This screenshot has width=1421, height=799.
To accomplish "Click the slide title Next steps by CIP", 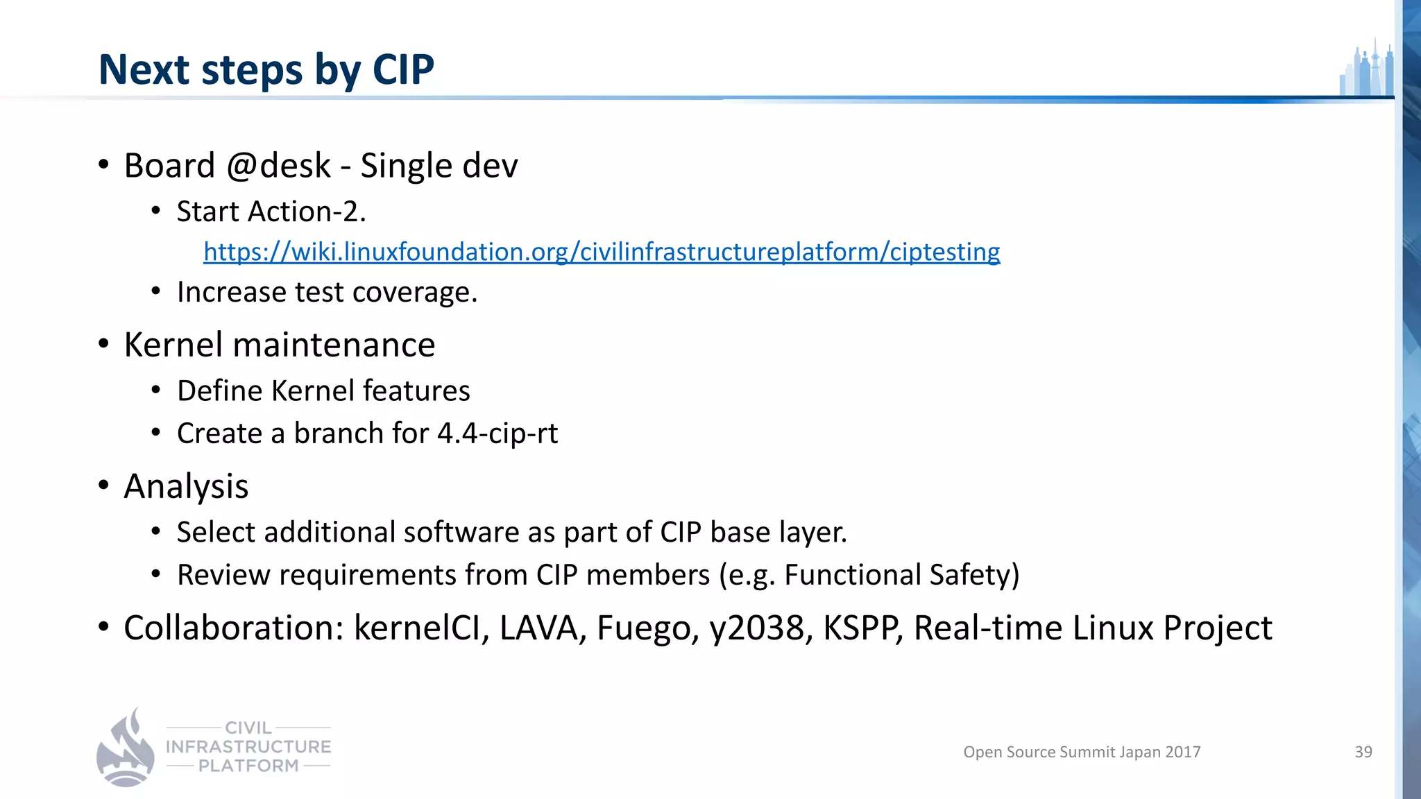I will tap(266, 69).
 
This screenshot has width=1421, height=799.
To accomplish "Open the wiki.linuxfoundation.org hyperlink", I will tap(601, 252).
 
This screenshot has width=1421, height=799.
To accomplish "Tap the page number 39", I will tap(1363, 752).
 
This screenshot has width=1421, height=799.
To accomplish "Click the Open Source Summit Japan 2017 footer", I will tap(1081, 752).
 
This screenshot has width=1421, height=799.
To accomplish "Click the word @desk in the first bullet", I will tap(278, 166).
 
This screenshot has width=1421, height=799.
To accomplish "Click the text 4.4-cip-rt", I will tap(497, 433).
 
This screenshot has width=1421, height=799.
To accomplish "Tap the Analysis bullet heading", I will tap(186, 486).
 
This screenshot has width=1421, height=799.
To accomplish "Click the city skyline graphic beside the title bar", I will tap(1366, 69).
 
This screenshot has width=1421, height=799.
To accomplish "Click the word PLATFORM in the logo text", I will tap(248, 766).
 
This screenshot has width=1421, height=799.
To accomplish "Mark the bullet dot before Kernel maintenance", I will tap(103, 345).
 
